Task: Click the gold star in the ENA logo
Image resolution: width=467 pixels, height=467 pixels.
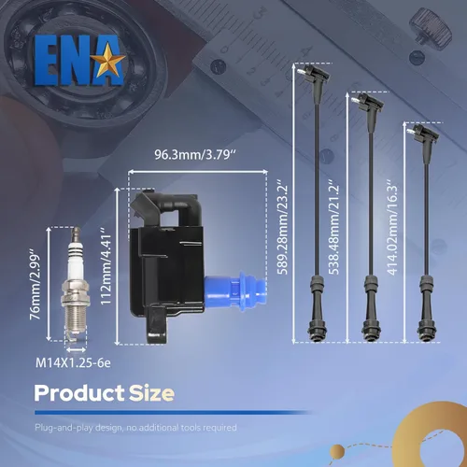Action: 110,60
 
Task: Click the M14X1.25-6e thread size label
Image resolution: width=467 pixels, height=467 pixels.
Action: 73,363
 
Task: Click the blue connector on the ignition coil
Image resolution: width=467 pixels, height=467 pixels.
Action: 235,289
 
